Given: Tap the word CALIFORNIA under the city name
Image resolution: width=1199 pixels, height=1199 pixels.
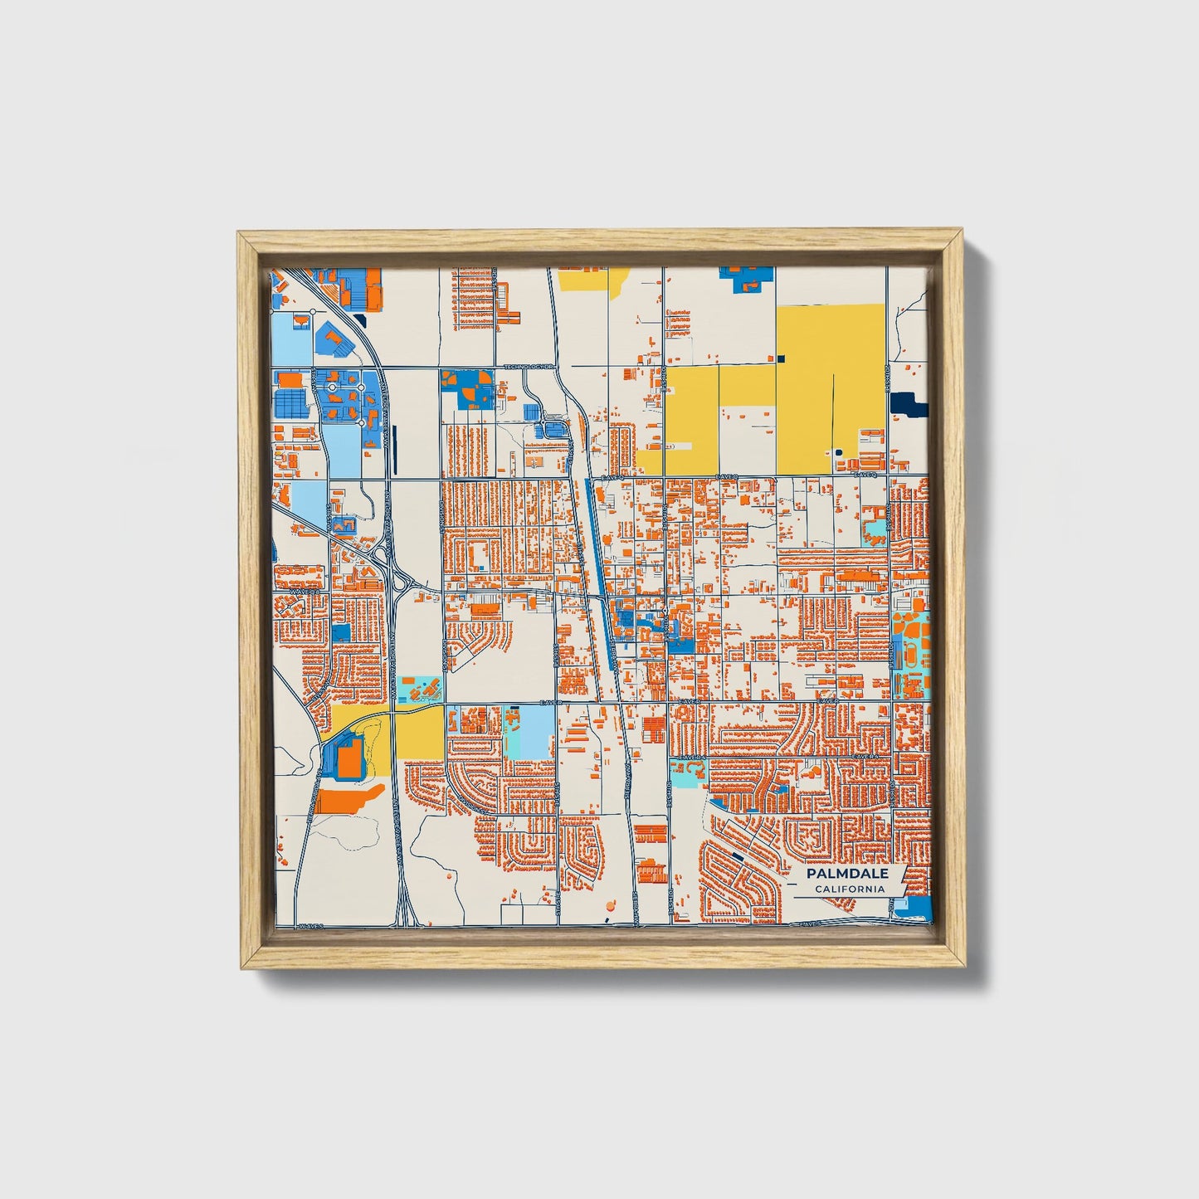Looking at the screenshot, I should pyautogui.click(x=849, y=890).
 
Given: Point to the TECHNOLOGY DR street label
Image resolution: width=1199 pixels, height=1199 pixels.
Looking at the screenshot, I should pyautogui.click(x=529, y=366).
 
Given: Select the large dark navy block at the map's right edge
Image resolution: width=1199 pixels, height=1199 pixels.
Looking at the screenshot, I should pyautogui.click(x=908, y=405).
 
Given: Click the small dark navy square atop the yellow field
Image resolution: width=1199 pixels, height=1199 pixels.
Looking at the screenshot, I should pyautogui.click(x=781, y=358).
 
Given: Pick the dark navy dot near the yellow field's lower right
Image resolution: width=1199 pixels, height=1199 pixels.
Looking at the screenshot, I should pyautogui.click(x=838, y=452).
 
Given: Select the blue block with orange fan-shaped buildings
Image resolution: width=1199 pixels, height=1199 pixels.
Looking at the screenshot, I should pyautogui.click(x=468, y=389).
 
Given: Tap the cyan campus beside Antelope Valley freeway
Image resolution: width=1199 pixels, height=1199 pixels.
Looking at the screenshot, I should pyautogui.click(x=420, y=689).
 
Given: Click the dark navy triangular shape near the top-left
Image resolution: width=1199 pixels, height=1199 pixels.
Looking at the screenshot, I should pyautogui.click(x=359, y=318).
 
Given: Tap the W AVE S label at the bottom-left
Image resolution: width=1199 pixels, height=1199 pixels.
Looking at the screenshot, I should pyautogui.click(x=309, y=924).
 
